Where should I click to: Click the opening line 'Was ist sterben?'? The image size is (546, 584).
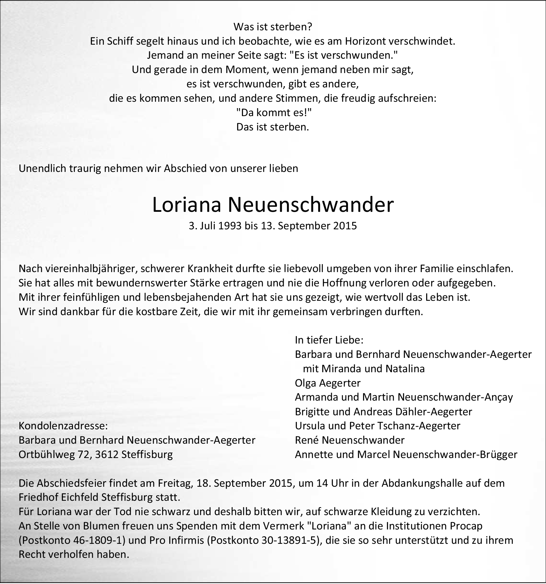273,27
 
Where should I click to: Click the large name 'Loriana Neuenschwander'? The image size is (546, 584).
273,205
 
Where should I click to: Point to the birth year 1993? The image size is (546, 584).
229,226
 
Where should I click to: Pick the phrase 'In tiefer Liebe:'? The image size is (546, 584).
329,340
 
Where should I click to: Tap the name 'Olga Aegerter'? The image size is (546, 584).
328,383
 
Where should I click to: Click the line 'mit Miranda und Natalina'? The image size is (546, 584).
364,369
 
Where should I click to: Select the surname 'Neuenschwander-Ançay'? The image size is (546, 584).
455,397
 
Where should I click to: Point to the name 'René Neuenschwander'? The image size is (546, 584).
350,440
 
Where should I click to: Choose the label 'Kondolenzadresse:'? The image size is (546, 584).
63,426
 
